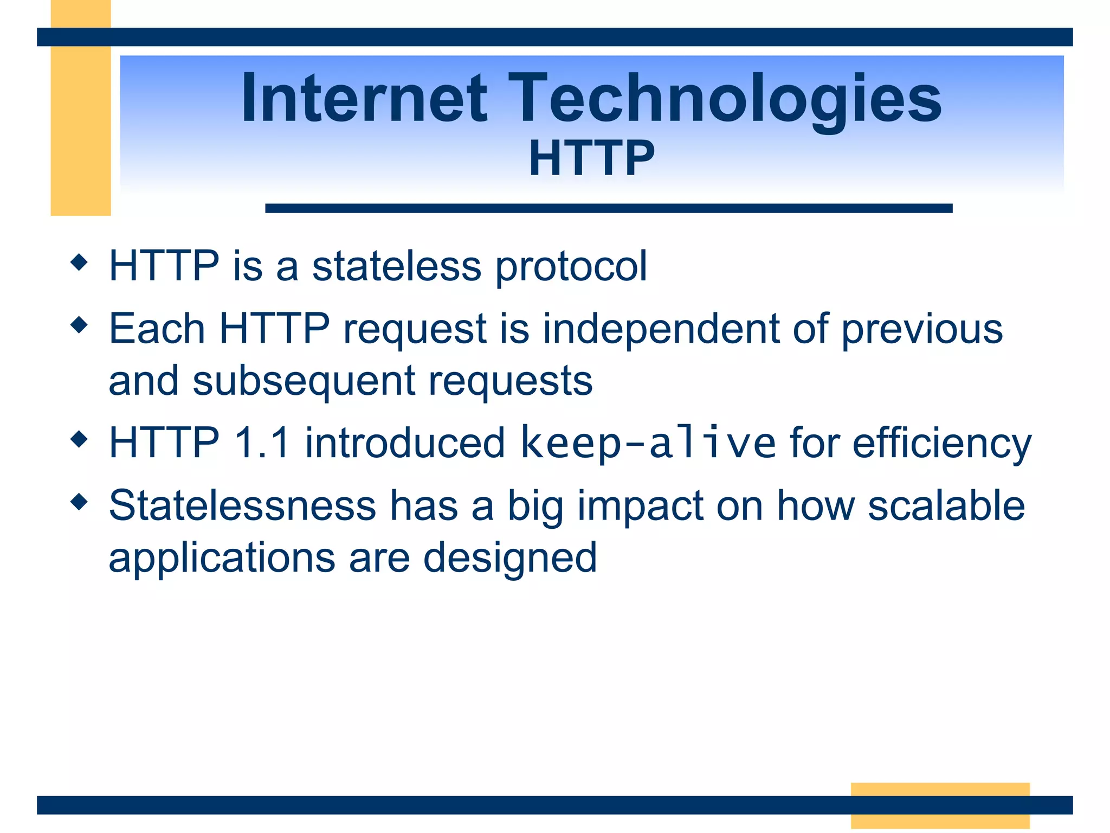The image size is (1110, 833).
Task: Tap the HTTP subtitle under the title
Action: [x=591, y=158]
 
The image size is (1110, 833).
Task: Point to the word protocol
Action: [x=571, y=267]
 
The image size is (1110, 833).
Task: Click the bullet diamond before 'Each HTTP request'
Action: [x=79, y=325]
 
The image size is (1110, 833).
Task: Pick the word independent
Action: [x=661, y=329]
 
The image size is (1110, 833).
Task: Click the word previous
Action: [x=922, y=330]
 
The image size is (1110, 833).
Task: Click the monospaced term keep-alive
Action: [x=648, y=443]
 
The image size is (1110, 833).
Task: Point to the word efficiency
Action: [x=941, y=444]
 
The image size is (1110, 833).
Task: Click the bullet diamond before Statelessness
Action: [x=79, y=502]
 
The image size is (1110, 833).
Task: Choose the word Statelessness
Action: [x=242, y=505]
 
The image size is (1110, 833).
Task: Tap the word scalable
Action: [x=946, y=505]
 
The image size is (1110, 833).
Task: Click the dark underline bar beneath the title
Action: [x=608, y=208]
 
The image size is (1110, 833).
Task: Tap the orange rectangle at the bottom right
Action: [x=940, y=790]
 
